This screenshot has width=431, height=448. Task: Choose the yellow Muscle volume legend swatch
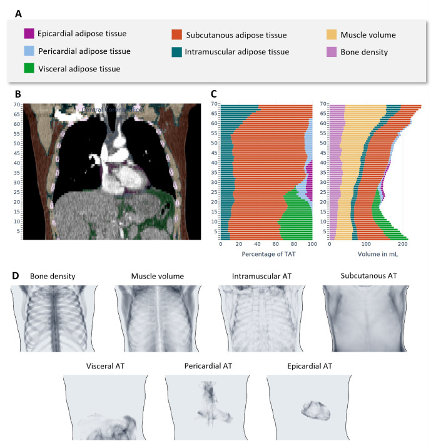[x=332, y=35]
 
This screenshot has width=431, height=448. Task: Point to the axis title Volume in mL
[x=375, y=255]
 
